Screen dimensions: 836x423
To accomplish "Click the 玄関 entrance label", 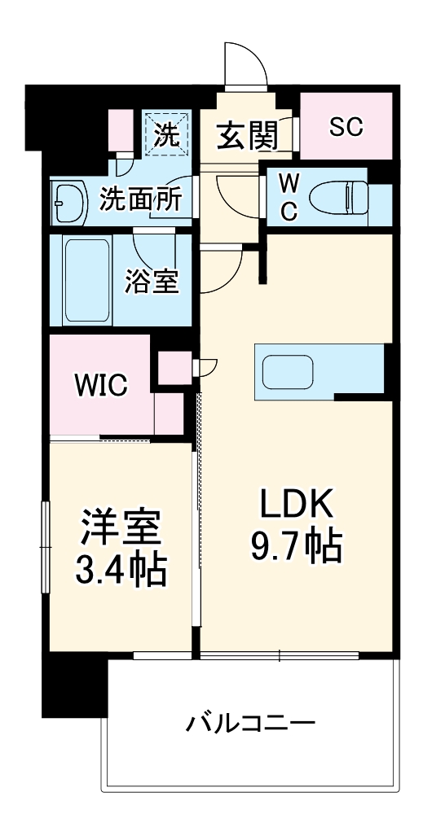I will (245, 134).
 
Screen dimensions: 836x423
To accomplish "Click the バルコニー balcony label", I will (249, 722).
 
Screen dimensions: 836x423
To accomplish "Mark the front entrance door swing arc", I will (245, 61).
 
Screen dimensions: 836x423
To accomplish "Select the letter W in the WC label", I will (289, 180).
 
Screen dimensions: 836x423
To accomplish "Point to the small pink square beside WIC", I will (173, 366).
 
